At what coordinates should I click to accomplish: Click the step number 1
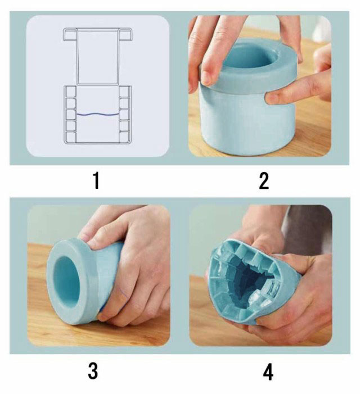click(x=96, y=180)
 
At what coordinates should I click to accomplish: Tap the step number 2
click(x=264, y=181)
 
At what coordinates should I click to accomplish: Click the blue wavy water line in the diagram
click(x=97, y=115)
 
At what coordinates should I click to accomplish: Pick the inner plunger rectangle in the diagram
click(x=97, y=57)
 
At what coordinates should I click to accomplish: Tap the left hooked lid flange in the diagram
click(x=70, y=34)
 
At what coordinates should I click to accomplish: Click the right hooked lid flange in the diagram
click(x=125, y=34)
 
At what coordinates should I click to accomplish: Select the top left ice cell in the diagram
click(x=71, y=92)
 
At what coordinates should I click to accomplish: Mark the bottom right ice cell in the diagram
click(x=124, y=137)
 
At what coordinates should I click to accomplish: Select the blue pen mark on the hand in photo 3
click(x=123, y=292)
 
